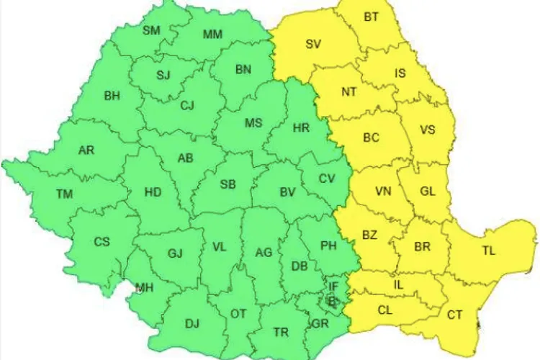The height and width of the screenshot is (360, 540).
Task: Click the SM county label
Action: [151, 30]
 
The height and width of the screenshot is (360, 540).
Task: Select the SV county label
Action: [313, 44]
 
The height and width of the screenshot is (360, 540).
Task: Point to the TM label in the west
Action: [64, 194]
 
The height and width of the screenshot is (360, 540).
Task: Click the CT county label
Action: [455, 315]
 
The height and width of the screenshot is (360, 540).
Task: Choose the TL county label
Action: [489, 251]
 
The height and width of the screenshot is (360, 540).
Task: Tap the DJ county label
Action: [192, 323]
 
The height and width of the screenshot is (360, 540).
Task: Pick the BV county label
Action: [288, 192]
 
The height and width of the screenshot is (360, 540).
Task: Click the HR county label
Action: [302, 128]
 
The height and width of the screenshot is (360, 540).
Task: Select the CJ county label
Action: [187, 106]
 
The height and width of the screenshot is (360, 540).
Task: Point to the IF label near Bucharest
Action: [333, 286]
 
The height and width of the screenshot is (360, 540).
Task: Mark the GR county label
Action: [321, 323]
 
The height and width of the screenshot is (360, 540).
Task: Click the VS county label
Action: [428, 130]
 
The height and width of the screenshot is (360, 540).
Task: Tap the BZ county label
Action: [370, 235]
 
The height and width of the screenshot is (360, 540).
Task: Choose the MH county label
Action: [145, 288]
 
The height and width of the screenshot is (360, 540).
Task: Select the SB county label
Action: [228, 184]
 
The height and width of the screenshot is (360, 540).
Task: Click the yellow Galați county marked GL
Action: [428, 192]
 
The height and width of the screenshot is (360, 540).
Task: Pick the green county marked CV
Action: [327, 179]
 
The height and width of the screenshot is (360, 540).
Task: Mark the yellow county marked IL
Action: [398, 284]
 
